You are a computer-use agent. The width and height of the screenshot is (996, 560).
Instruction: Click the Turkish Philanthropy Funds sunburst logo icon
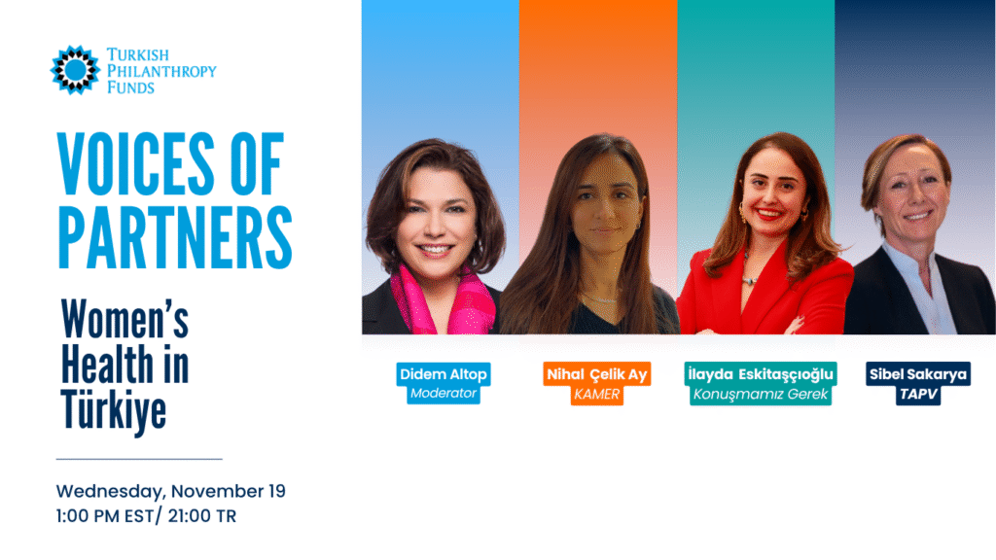[x=75, y=70]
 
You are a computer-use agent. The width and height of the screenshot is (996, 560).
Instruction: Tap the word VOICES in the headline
[x=135, y=163]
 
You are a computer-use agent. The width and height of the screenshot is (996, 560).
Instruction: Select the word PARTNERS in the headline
[x=175, y=237]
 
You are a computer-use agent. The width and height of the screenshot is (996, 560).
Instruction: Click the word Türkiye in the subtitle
[x=114, y=411]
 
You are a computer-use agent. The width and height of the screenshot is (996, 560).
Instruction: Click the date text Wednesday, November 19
[x=171, y=491]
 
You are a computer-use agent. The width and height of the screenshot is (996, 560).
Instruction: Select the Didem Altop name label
[x=444, y=374]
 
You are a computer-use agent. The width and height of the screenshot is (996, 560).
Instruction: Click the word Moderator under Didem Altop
[x=444, y=394]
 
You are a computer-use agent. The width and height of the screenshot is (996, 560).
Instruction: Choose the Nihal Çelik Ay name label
[x=597, y=374]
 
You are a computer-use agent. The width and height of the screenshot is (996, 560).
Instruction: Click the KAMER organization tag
[x=597, y=395]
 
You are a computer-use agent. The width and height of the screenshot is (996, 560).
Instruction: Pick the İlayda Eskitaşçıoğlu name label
[x=761, y=374]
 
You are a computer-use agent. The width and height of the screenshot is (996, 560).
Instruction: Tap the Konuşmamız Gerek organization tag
[x=761, y=395]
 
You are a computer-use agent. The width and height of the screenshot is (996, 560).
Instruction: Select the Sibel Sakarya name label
[x=918, y=374]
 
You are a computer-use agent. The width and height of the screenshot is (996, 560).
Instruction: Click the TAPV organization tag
[x=918, y=395]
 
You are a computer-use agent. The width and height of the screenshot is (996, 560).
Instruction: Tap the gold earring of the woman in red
[x=742, y=211]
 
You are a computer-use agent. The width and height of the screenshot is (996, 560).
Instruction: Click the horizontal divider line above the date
[x=139, y=459]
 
